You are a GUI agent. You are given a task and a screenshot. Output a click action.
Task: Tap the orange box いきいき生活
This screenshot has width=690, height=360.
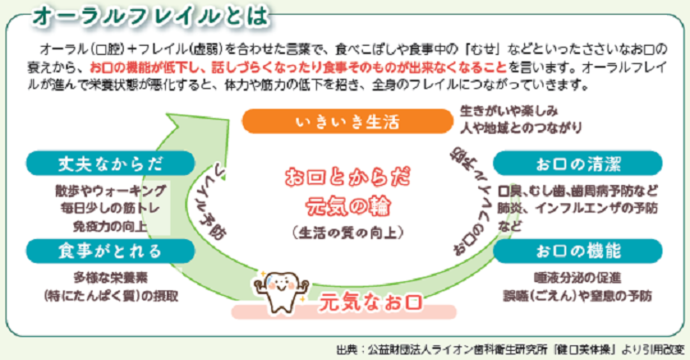pos(334,122)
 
